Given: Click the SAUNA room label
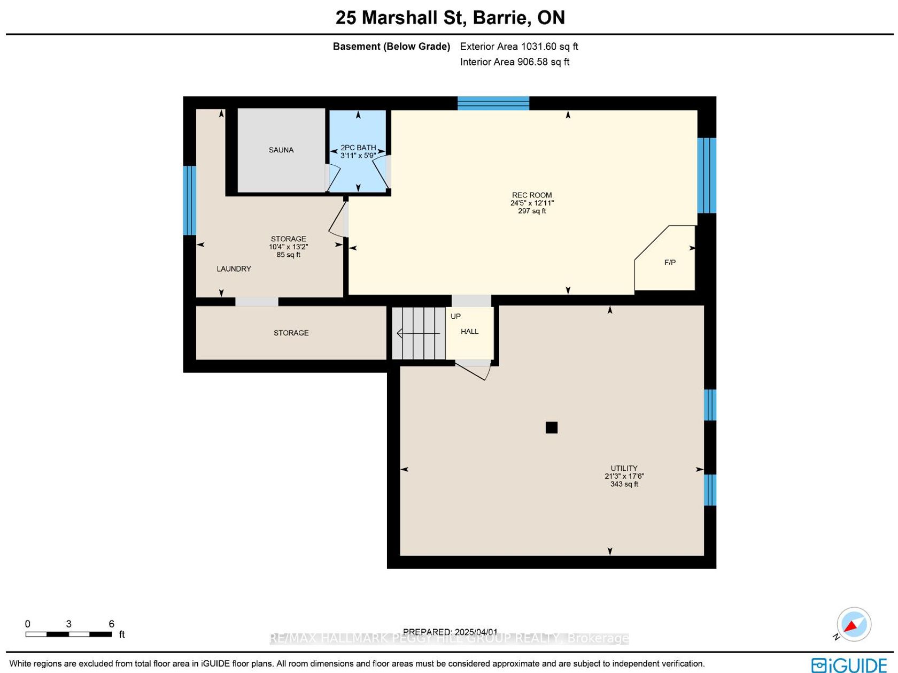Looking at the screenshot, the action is click(x=281, y=150).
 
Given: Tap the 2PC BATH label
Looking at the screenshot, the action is click(x=358, y=147).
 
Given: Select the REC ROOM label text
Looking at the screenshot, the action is click(x=532, y=195).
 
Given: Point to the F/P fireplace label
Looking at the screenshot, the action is click(x=670, y=262).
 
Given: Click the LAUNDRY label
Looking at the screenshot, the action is click(x=234, y=269).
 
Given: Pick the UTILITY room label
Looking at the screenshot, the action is click(x=624, y=468).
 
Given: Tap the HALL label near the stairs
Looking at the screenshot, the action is click(x=469, y=332).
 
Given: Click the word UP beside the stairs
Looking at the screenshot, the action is click(x=455, y=317).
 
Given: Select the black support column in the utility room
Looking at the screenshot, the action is click(x=552, y=427).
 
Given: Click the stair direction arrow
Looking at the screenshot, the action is click(x=418, y=334).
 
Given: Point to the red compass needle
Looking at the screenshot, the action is click(x=851, y=625).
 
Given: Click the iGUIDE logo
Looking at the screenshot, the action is click(x=849, y=665).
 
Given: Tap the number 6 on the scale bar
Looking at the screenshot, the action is click(x=111, y=624).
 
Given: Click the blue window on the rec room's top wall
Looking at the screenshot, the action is click(x=493, y=103).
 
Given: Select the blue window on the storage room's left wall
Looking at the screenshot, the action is click(x=189, y=201).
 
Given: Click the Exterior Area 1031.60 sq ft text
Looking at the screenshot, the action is click(x=518, y=47).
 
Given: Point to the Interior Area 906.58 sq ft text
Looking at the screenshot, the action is click(x=515, y=62).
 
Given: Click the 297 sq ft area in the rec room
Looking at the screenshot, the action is click(x=532, y=211).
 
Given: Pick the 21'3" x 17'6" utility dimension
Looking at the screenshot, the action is click(x=624, y=476).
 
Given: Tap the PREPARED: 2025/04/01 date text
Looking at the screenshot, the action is click(x=450, y=632).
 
